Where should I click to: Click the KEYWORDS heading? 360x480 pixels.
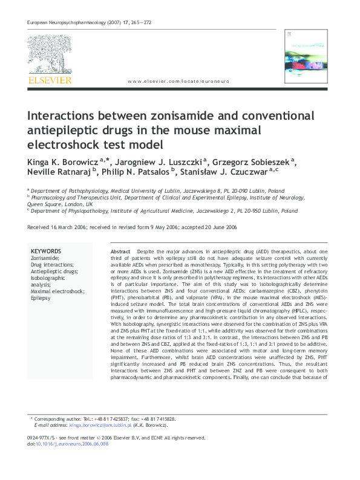[x=46, y=251]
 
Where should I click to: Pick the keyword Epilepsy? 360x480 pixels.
[x=42, y=298]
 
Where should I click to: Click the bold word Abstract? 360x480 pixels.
[x=120, y=251]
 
